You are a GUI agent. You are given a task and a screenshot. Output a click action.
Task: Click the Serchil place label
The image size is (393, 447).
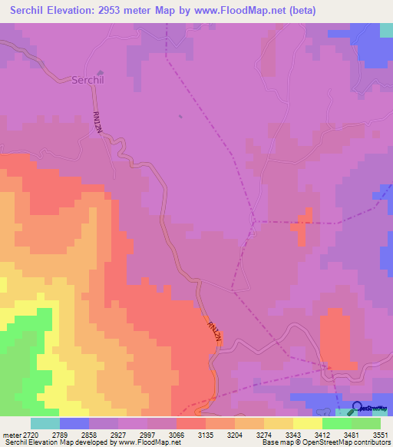coord(88,80)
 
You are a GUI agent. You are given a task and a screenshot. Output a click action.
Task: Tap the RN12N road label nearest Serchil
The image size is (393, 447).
coord(97,121)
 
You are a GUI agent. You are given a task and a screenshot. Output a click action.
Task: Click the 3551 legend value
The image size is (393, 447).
coord(380,434)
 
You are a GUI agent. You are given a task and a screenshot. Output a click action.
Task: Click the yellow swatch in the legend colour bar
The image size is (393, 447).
coord(307,423)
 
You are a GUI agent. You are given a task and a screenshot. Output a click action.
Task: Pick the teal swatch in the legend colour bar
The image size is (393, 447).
coord(45,423)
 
